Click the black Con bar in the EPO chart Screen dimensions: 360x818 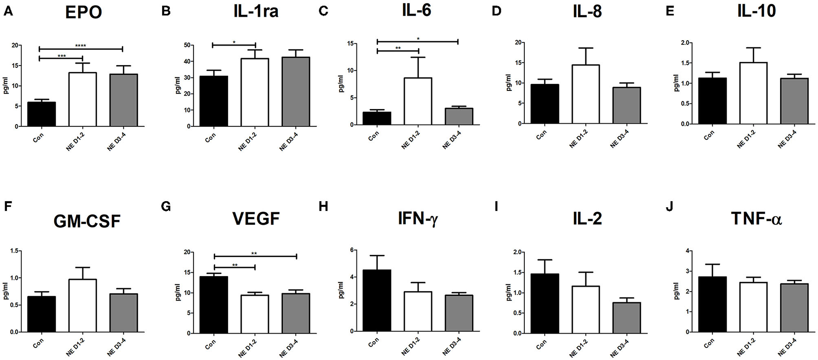coord(42,114)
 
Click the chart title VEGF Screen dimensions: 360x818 coord(256,218)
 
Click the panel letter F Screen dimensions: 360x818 coord(8,206)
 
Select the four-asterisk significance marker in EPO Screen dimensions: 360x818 coord(81,46)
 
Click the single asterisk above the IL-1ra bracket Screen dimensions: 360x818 coord(234,42)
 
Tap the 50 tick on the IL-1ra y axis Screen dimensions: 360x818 coord(187,45)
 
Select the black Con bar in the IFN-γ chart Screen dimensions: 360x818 coord(377,300)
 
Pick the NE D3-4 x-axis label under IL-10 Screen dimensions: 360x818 coord(786,139)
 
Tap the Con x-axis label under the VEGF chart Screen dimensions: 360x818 coord(210,345)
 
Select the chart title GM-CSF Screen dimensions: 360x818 coord(87,222)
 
